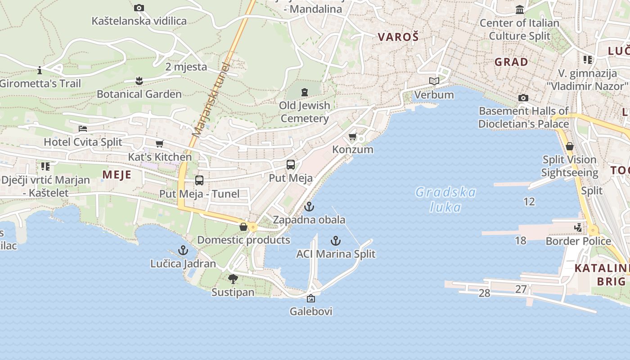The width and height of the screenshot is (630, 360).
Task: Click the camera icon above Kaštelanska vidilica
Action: coord(139,8)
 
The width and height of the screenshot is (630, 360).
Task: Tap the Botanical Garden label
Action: coord(139,94)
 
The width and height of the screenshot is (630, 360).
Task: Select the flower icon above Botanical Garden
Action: coord(139,81)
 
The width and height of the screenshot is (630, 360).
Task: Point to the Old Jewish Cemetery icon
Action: coord(305,92)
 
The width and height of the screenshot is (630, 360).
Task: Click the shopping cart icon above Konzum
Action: coord(353,136)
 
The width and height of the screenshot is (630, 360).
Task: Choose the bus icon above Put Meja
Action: coord(291,165)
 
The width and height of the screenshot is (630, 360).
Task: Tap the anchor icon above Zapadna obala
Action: coord(309,207)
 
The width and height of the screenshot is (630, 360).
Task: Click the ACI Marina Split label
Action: coord(336,254)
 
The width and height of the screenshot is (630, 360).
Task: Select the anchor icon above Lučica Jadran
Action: coord(183,250)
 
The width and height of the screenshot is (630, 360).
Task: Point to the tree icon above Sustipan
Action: coord(233,279)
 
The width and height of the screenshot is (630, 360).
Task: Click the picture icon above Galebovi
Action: coord(310,298)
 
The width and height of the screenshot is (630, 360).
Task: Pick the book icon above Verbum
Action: coord(434,81)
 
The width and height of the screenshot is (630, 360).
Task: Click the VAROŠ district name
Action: coord(398,37)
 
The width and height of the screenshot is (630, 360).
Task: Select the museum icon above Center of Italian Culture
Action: coord(520,9)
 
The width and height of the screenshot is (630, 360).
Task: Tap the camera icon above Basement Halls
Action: coord(523,98)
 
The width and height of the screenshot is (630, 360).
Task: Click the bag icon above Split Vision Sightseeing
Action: coord(570,147)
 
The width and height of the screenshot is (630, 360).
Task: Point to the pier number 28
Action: coord(484,293)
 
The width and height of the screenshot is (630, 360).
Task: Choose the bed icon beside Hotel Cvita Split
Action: coord(83,129)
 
